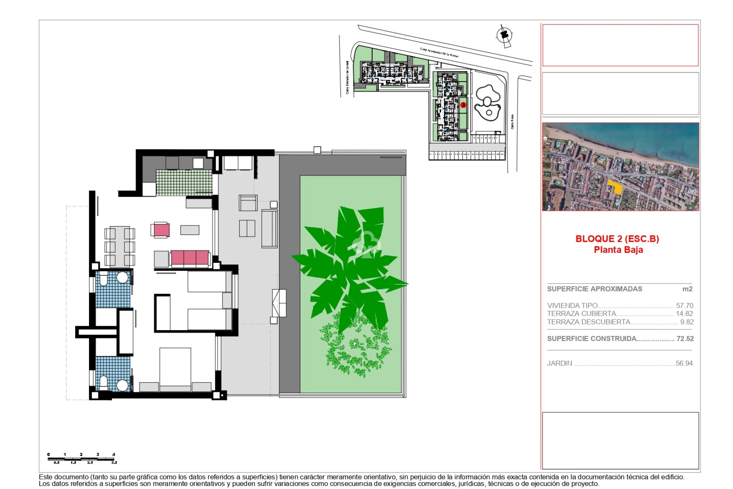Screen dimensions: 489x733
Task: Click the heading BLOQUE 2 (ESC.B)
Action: tap(617, 239)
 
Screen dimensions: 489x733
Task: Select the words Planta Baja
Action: tap(618, 250)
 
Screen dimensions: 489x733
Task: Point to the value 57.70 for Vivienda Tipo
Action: tap(684, 306)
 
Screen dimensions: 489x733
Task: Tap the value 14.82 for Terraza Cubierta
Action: tap(684, 314)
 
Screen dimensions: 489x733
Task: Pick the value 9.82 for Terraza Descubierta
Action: tap(686, 322)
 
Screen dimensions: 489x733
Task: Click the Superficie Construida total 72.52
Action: tap(685, 339)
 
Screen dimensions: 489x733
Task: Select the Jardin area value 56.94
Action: tap(684, 363)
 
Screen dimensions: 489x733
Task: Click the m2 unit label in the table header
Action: tap(687, 289)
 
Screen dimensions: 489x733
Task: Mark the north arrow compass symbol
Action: tap(505, 36)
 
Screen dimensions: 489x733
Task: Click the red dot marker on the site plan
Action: tap(463, 105)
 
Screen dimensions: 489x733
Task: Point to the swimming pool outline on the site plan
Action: tap(487, 102)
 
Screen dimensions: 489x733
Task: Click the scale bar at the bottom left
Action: tap(81, 458)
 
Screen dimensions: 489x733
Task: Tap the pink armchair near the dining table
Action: tap(161, 230)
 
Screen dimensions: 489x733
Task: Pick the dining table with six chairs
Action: tap(119, 246)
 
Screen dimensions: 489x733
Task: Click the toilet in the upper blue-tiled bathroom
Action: tap(103, 279)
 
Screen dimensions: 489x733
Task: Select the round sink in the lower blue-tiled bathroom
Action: tap(122, 385)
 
